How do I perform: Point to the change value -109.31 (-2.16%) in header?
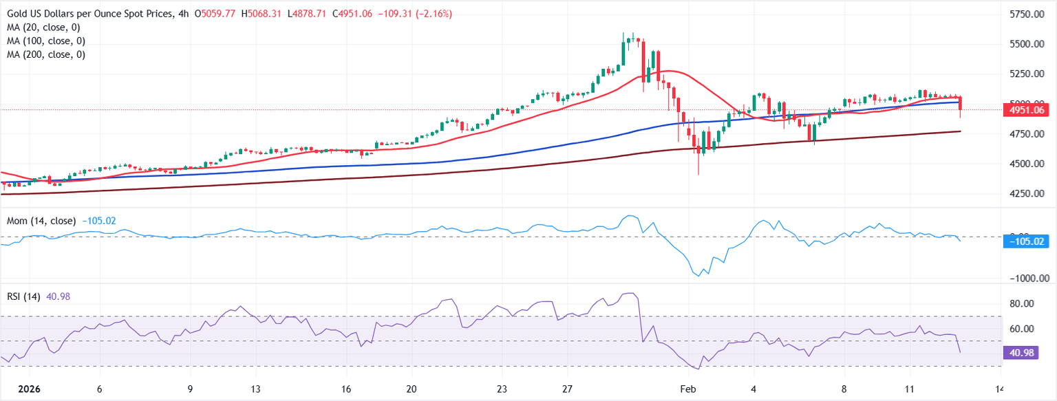pyautogui.click(x=414, y=14)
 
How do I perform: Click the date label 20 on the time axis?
pyautogui.click(x=412, y=389)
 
